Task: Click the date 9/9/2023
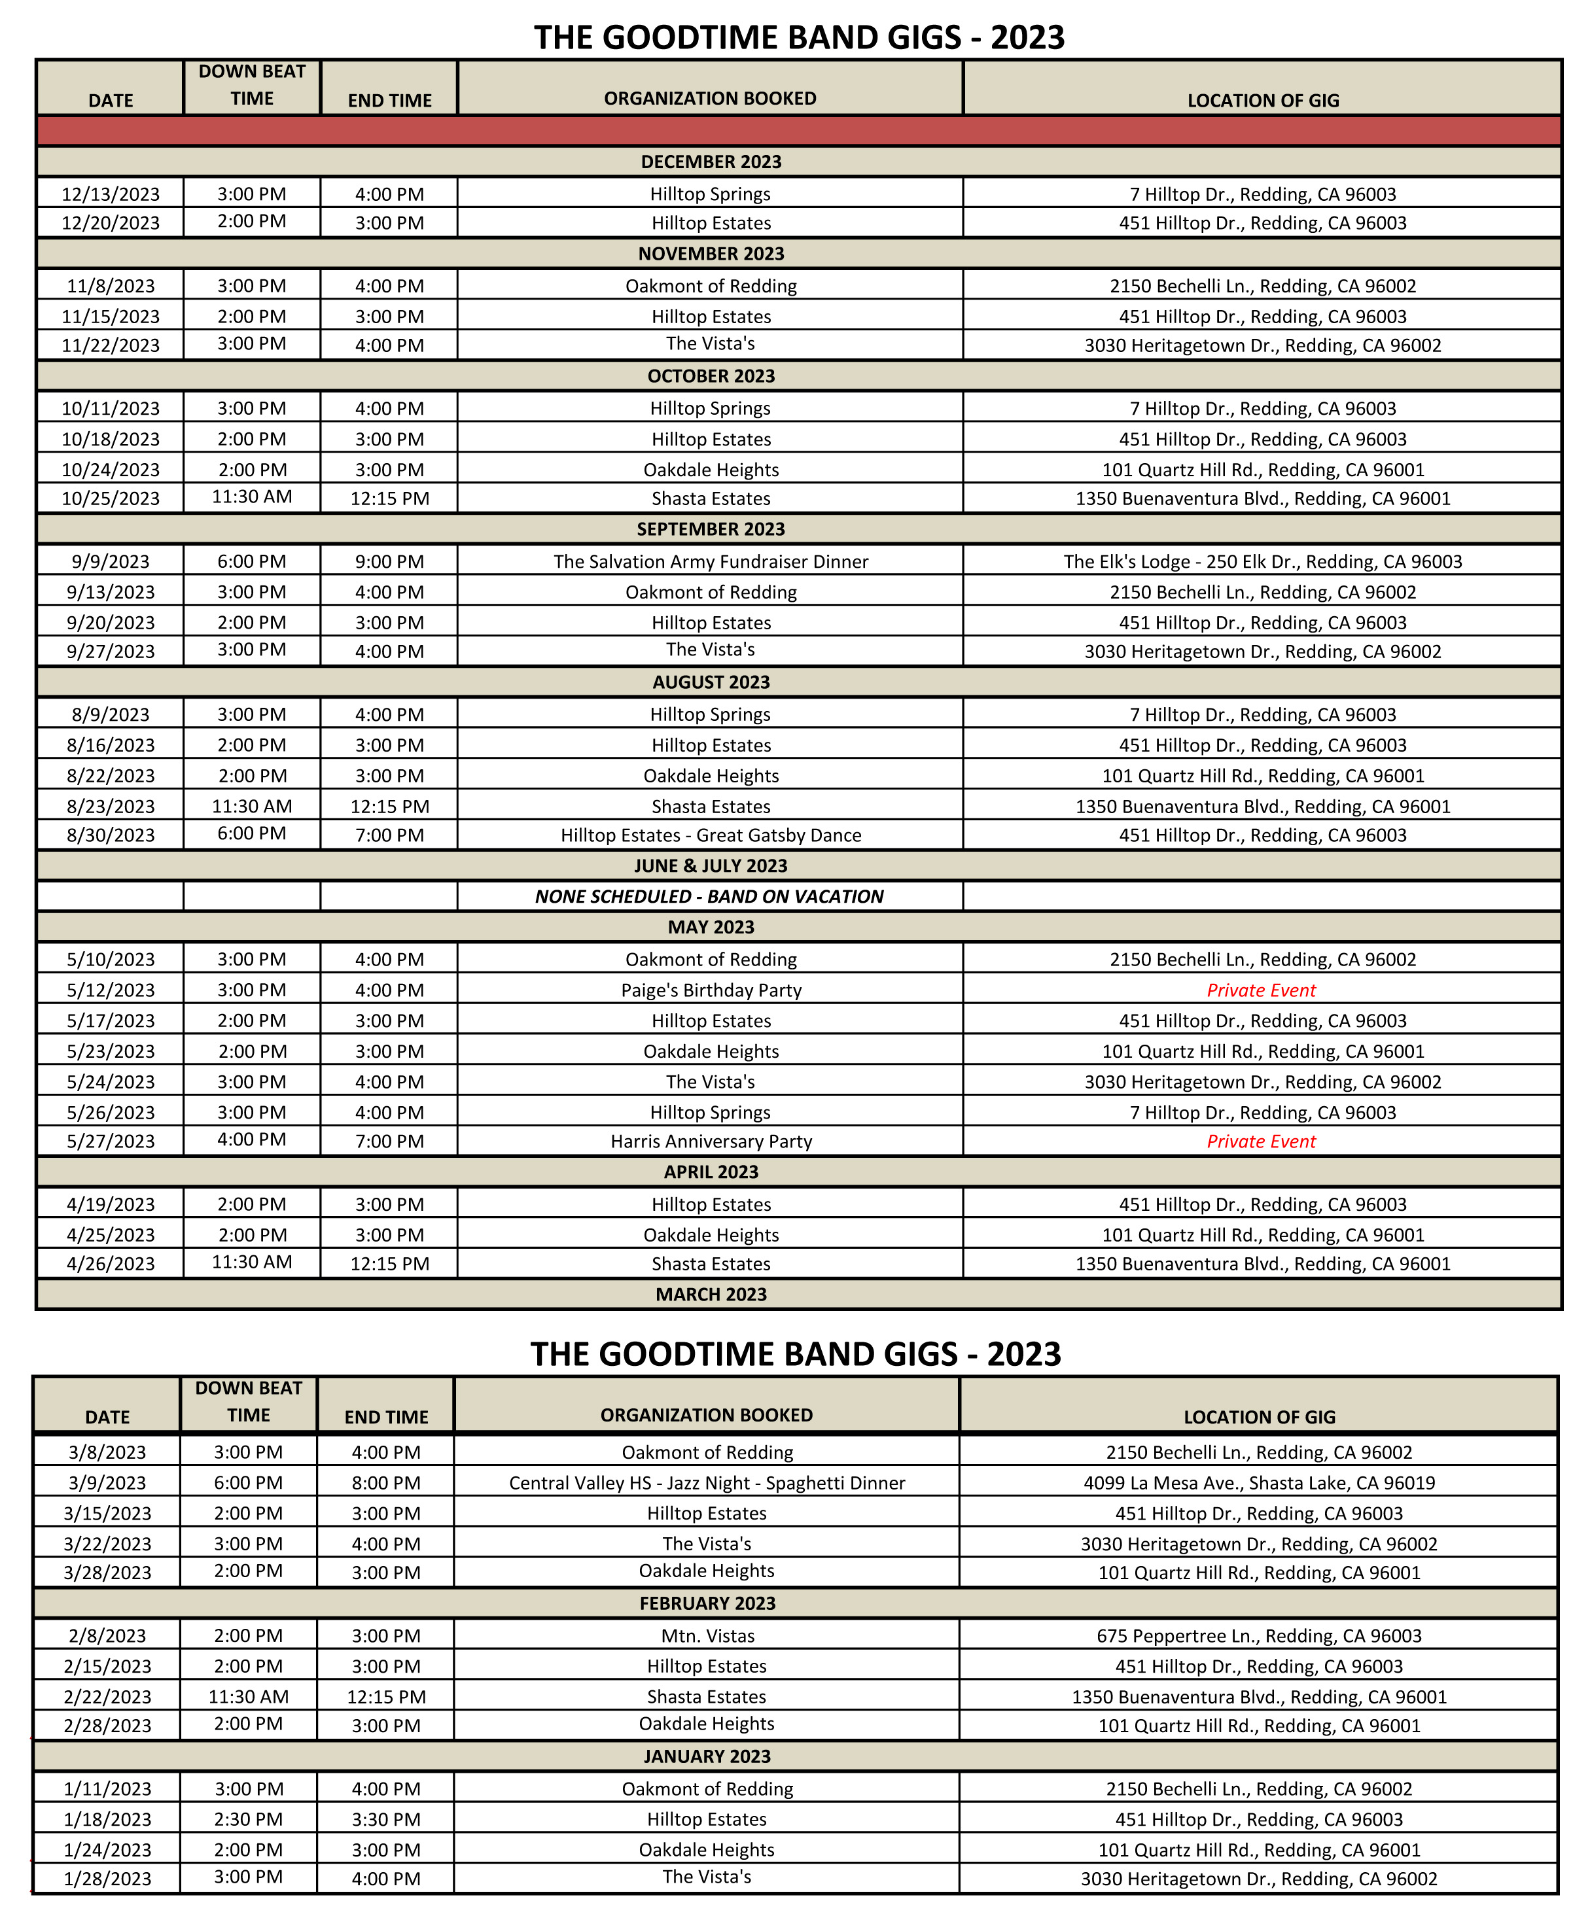(111, 561)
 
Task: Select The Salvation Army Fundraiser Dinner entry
(710, 561)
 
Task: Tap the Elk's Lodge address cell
(1262, 561)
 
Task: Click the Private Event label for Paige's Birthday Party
(1262, 990)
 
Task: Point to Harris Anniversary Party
(710, 1141)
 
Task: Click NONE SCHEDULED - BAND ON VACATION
(709, 896)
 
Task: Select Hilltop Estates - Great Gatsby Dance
(710, 835)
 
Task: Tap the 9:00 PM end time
(390, 561)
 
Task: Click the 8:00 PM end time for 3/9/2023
(386, 1482)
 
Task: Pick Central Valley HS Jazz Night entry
(707, 1482)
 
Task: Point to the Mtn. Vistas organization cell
(707, 1636)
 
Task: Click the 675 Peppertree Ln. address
(1259, 1636)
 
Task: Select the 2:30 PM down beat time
(248, 1819)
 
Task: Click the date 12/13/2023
(111, 194)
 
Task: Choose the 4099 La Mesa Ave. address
(1259, 1482)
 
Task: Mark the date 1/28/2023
(108, 1879)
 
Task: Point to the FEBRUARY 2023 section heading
(707, 1603)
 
